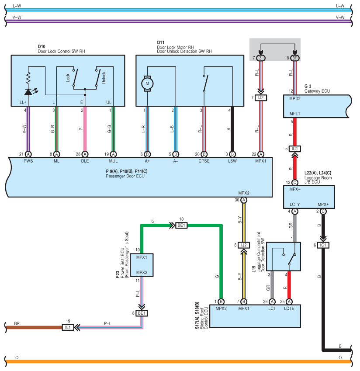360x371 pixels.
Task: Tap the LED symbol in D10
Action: click(28, 92)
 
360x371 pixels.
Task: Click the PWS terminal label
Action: click(28, 161)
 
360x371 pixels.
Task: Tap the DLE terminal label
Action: click(85, 161)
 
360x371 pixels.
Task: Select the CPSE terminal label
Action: click(204, 161)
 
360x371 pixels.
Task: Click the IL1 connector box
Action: click(68, 327)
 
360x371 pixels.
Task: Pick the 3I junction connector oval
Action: click(261, 58)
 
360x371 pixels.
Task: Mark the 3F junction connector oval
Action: click(294, 58)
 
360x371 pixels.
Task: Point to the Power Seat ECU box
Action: click(142, 265)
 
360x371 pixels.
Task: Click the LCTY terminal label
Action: click(295, 204)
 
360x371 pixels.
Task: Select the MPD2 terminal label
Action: click(295, 99)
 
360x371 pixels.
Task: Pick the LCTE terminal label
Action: click(289, 309)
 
